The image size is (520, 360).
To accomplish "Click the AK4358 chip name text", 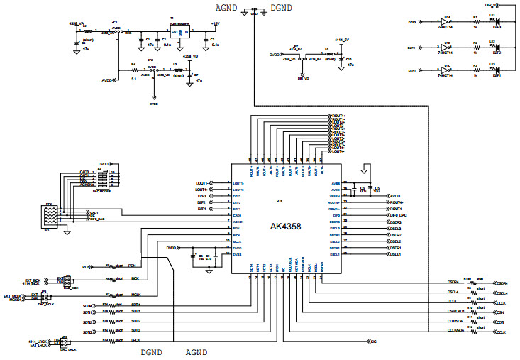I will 286,227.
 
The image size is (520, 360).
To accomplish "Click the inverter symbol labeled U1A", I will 446,22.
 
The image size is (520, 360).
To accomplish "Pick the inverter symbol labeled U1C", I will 446,72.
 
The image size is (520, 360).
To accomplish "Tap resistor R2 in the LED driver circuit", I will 475,48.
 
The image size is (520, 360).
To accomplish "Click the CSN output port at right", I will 499,312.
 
